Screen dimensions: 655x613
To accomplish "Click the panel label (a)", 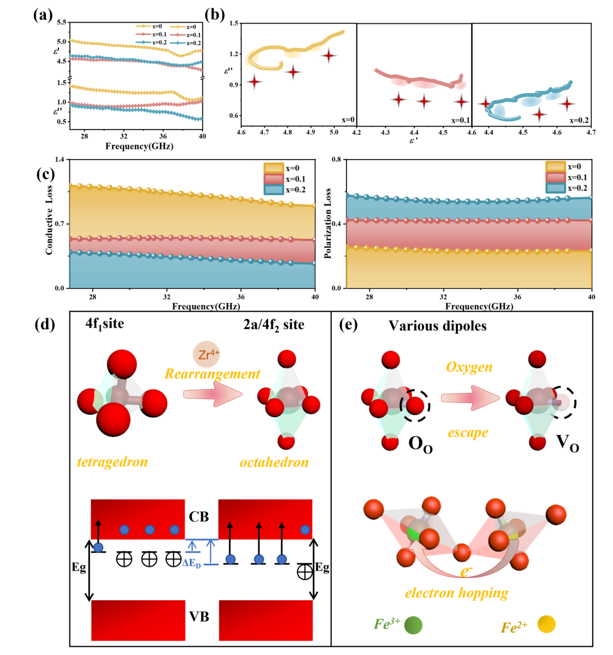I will pyautogui.click(x=43, y=15).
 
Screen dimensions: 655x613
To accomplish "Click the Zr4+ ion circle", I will pyautogui.click(x=207, y=355).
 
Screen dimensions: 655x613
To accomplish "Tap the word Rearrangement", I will pyautogui.click(x=212, y=374).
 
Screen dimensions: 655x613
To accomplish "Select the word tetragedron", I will pyautogui.click(x=112, y=462).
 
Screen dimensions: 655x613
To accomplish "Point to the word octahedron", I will pyautogui.click(x=274, y=462).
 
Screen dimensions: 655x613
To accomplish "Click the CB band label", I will pyautogui.click(x=199, y=517).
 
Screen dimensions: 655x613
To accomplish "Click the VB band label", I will pyautogui.click(x=199, y=617).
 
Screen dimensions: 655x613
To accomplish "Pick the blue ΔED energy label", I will pyautogui.click(x=192, y=563).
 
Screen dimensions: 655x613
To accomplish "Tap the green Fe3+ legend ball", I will pyautogui.click(x=413, y=625).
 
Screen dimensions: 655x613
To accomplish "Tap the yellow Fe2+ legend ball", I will pyautogui.click(x=546, y=624).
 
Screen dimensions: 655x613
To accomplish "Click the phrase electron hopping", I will pyautogui.click(x=456, y=593).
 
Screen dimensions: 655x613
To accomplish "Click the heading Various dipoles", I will pyautogui.click(x=438, y=326).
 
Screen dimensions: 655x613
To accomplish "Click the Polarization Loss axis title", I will pyautogui.click(x=328, y=223).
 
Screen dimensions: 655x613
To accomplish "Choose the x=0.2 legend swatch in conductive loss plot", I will pyautogui.click(x=273, y=190).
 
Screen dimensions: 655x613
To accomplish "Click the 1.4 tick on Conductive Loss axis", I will pyautogui.click(x=59, y=159).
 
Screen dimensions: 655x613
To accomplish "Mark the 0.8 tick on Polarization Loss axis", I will pyautogui.click(x=336, y=159).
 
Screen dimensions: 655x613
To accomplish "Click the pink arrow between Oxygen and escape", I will pyautogui.click(x=470, y=398).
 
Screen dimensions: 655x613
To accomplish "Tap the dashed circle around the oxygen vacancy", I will pyautogui.click(x=564, y=402).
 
